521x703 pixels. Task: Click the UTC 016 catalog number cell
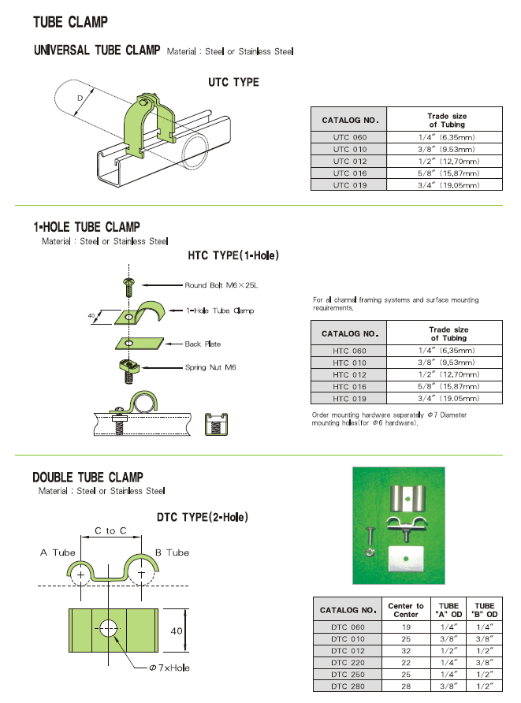point(349,173)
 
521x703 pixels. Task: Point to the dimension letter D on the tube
point(80,99)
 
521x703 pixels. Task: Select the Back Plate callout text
point(203,344)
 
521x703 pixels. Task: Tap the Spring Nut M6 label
point(210,367)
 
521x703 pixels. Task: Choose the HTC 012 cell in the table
point(349,374)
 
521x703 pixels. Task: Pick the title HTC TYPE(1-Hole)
point(233,256)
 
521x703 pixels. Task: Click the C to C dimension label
point(111,531)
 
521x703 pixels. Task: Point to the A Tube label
point(58,552)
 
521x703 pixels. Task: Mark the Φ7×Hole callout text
point(169,668)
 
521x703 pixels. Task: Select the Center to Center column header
point(406,610)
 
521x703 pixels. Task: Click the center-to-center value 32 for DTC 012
point(406,651)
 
